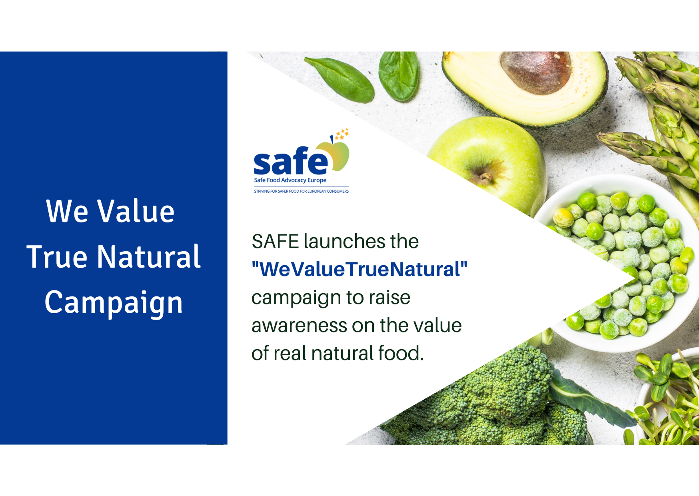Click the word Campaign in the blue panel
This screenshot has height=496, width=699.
point(114,303)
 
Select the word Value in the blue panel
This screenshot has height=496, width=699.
point(136,211)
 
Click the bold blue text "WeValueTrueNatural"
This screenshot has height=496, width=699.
point(359,269)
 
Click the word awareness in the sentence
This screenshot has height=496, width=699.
point(299,326)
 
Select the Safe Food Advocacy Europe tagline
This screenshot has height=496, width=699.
point(290,180)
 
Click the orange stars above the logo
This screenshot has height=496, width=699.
point(342,134)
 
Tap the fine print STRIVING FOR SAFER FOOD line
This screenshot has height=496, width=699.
point(301,191)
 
